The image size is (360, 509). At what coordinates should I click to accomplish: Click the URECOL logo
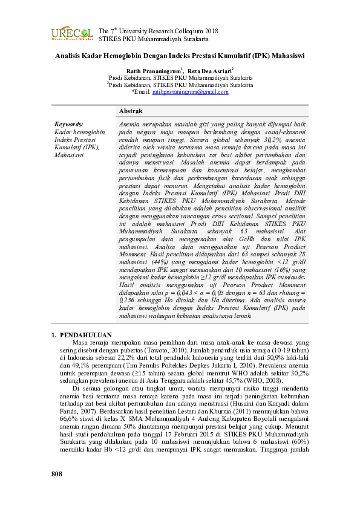[72, 34]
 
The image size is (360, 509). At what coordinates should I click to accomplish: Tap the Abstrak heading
[130, 112]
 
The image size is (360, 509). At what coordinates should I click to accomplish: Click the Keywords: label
[68, 123]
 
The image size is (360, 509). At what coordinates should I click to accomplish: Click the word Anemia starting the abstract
[130, 123]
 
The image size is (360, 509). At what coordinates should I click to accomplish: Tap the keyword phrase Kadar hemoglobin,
[80, 131]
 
